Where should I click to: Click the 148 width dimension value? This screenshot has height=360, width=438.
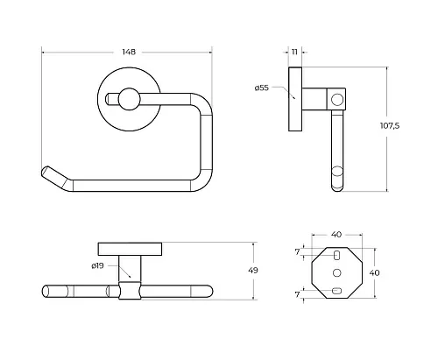point(129,52)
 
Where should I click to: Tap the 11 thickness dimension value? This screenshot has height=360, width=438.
point(294,52)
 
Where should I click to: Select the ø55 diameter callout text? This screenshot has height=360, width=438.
point(261,88)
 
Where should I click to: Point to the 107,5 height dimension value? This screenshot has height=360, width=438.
point(390,126)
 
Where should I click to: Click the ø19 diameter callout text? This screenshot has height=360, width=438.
point(97,265)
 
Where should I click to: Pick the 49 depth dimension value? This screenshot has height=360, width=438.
point(253,271)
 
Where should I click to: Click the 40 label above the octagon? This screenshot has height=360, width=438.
point(336,235)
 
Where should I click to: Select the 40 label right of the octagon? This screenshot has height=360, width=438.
point(374,272)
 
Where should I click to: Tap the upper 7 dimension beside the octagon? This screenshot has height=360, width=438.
point(297,251)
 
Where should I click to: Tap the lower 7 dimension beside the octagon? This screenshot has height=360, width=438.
point(297,294)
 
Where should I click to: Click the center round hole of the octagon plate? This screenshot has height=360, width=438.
point(337,272)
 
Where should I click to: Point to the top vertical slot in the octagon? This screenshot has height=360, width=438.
point(336,255)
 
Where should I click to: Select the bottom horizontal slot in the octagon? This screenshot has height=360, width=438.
point(336,291)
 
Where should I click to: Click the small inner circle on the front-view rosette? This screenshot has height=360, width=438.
point(129,99)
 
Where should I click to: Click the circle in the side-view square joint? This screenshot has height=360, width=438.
point(337,100)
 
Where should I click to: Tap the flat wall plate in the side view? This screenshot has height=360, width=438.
point(295,99)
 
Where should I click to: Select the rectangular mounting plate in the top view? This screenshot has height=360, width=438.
point(130,249)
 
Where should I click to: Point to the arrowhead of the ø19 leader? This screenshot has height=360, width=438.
point(129,276)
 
